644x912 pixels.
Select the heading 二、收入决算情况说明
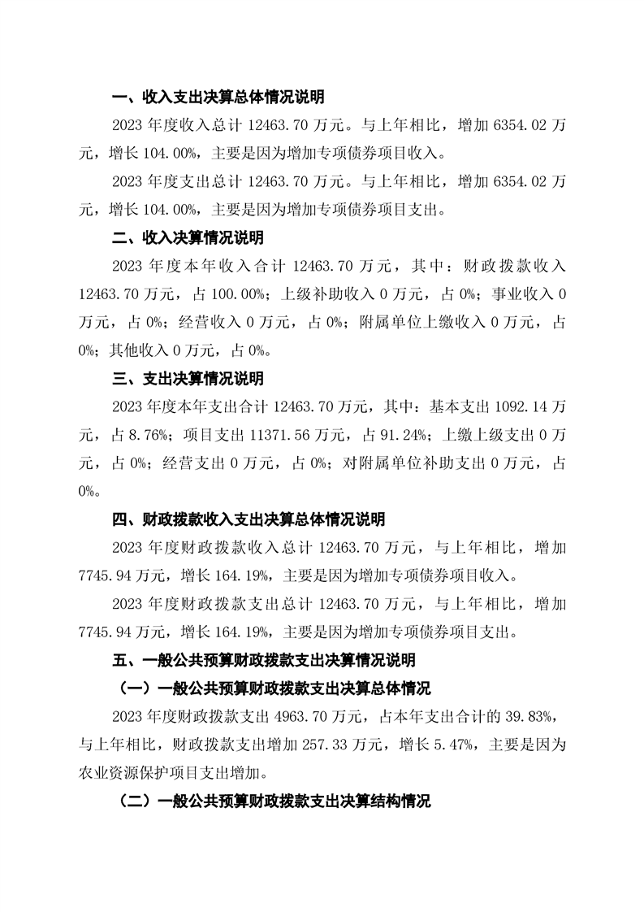(186, 239)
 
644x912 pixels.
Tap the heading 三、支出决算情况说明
(186, 380)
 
